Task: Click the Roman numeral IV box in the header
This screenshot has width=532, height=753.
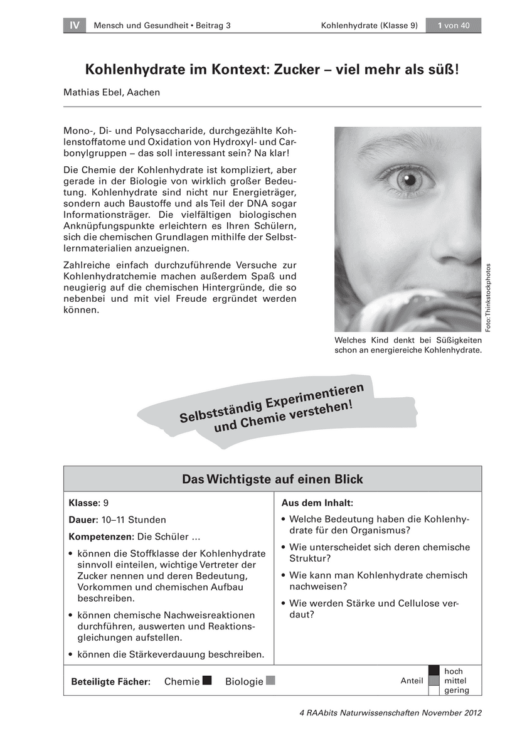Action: (x=75, y=26)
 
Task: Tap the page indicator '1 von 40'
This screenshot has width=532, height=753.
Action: (x=453, y=26)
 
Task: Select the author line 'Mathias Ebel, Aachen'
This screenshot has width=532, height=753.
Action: (x=112, y=92)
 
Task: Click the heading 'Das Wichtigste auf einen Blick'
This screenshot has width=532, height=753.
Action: (x=272, y=479)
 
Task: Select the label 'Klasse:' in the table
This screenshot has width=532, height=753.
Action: (x=85, y=503)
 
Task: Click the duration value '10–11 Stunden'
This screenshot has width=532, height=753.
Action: (x=134, y=520)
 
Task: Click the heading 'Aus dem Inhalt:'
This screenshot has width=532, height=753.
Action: (x=317, y=503)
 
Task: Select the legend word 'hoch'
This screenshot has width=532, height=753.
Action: (x=453, y=671)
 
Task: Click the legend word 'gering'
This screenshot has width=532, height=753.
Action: (x=456, y=691)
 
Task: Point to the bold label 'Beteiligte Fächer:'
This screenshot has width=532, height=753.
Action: (x=110, y=681)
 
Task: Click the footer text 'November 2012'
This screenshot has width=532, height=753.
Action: (x=451, y=713)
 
